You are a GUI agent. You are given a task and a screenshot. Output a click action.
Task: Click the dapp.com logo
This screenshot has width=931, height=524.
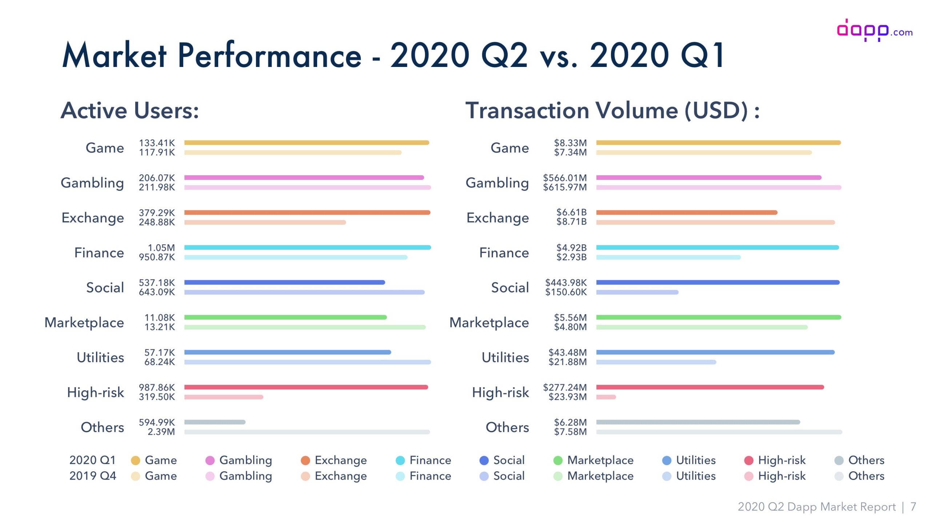click(x=874, y=31)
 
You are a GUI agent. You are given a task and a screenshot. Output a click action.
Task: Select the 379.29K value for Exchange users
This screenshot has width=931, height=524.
click(x=157, y=213)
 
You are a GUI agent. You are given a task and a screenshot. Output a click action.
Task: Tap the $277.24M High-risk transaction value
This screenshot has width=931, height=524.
click(x=565, y=387)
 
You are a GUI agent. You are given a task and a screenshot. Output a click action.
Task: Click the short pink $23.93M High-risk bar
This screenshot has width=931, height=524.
click(x=606, y=397)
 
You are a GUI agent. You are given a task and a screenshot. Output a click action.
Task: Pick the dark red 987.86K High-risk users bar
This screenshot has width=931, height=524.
click(x=306, y=387)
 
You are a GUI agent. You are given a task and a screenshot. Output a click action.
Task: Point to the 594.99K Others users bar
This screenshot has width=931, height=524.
click(x=215, y=422)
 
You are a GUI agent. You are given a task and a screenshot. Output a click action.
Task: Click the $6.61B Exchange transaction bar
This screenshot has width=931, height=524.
click(x=687, y=213)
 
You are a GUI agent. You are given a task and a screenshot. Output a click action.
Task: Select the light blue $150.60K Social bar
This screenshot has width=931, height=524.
click(x=637, y=292)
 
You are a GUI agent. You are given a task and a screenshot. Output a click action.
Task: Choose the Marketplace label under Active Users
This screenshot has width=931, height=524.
click(x=84, y=322)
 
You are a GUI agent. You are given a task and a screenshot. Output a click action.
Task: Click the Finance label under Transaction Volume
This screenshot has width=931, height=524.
click(x=504, y=253)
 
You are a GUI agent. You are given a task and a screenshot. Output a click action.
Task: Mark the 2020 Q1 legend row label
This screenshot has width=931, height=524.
click(x=92, y=460)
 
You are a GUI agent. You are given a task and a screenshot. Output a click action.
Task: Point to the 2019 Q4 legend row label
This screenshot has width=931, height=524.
click(x=93, y=476)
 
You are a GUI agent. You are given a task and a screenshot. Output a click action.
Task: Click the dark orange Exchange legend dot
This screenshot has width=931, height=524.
click(x=305, y=461)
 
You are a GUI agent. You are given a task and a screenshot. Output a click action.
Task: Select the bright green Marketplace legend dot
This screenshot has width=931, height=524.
click(x=558, y=461)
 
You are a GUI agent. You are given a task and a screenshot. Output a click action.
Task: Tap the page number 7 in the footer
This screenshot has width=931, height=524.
click(x=913, y=507)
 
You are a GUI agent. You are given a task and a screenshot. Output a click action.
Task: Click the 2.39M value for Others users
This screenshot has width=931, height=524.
click(x=161, y=432)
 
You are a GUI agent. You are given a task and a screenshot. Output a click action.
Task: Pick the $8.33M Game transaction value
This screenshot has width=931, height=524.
click(x=570, y=143)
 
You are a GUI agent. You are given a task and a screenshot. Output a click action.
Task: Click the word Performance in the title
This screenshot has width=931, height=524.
click(x=269, y=56)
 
